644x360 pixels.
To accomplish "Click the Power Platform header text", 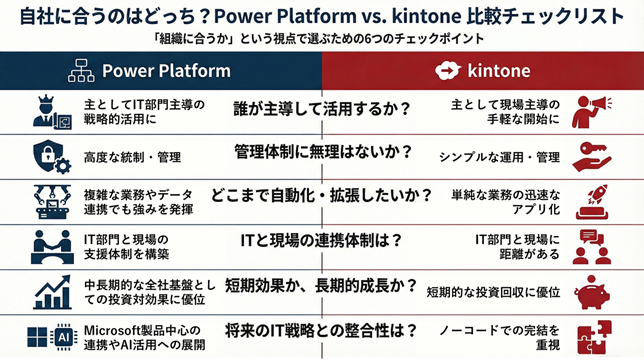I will pos(167,71).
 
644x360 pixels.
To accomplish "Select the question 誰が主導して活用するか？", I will pos(322,108).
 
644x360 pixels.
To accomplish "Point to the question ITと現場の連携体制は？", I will pos(322,240).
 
